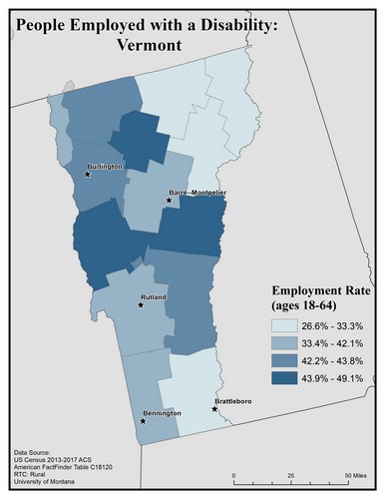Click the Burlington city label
[105, 167]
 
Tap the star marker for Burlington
[88, 175]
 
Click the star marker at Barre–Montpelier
[169, 201]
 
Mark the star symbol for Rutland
[141, 305]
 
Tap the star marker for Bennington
[143, 421]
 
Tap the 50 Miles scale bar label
[356, 474]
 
